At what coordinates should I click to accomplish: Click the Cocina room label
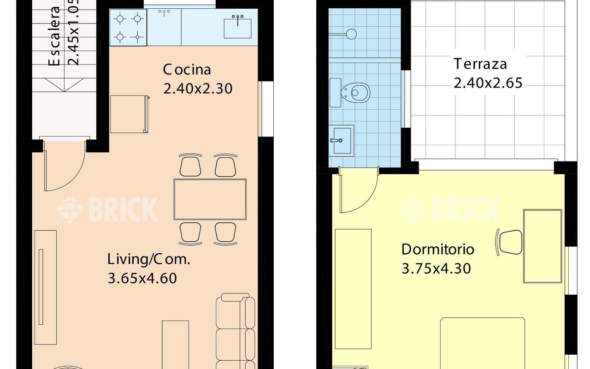(187, 70)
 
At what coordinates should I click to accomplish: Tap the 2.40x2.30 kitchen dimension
(198, 89)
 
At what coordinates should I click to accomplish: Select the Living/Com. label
(148, 259)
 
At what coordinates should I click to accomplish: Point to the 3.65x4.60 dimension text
(142, 278)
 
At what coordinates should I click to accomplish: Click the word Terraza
(480, 64)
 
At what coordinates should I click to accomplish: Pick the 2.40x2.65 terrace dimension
(488, 83)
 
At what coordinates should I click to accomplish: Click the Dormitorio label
(438, 250)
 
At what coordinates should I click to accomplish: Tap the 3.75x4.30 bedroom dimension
(436, 269)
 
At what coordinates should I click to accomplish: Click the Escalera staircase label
(55, 36)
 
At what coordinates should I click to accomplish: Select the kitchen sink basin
(237, 28)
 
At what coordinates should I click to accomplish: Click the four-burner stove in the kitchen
(128, 28)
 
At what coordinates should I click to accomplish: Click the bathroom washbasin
(341, 141)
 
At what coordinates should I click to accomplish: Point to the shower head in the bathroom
(351, 34)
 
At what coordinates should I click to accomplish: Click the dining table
(210, 199)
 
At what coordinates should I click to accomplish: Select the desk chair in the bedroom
(509, 242)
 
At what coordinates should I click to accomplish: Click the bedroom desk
(543, 246)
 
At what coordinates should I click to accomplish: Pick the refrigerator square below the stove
(129, 114)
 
